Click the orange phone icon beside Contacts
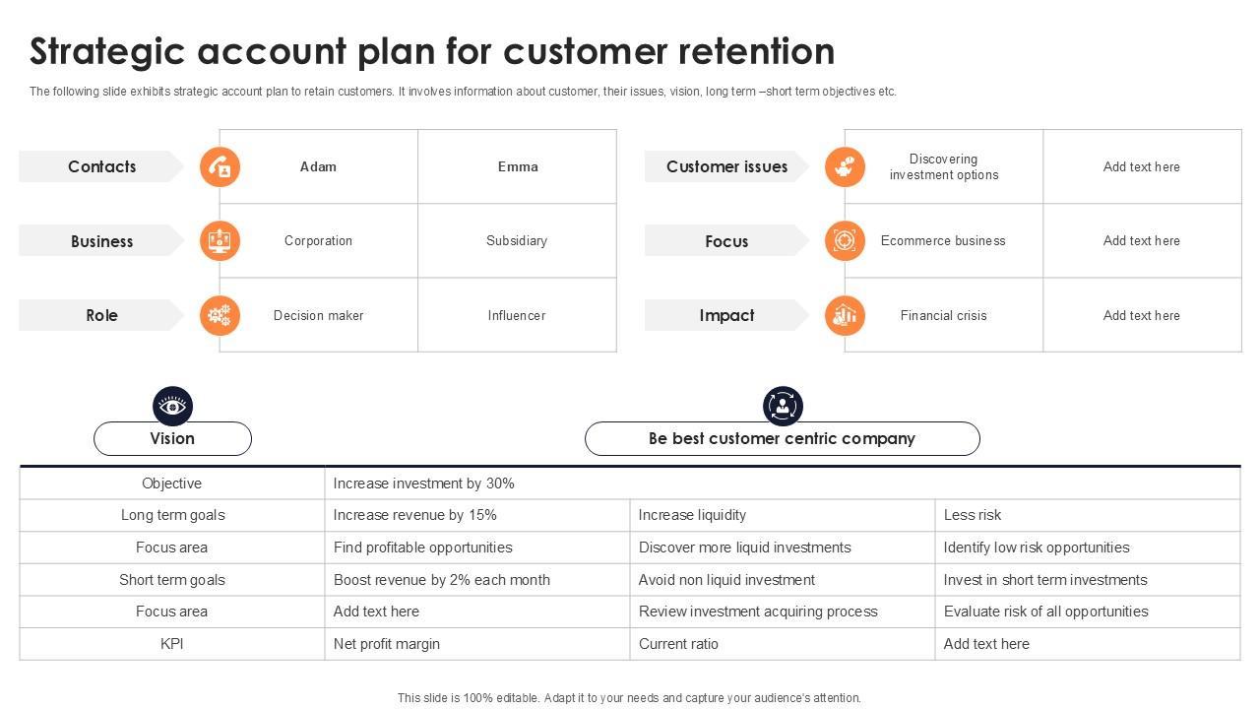pos(220,166)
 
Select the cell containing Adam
pos(318,166)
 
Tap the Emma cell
pos(518,166)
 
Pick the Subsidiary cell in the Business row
pos(517,240)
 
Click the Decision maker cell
pos(318,315)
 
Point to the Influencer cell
pos(517,315)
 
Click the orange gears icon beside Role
pos(220,315)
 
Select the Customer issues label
pos(726,166)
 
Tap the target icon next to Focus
pos(845,240)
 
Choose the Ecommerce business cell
pos(943,240)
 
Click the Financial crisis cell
pos(943,315)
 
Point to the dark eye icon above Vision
pos(172,406)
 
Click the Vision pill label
pos(172,438)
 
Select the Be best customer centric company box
pos(782,438)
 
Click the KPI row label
pos(172,644)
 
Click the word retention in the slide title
pos(757,51)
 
